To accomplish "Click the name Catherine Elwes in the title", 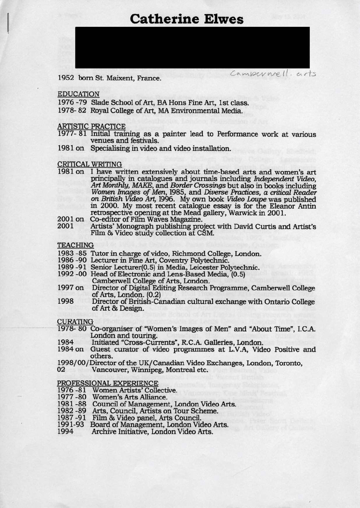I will (187, 19).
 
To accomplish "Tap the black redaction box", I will (192, 48).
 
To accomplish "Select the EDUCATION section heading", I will (78, 94).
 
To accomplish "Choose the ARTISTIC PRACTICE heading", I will (91, 126).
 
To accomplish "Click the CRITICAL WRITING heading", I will (89, 164).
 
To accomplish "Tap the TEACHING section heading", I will (75, 245).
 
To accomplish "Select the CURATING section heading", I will (75, 321).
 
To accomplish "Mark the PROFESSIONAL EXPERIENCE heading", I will (107, 383).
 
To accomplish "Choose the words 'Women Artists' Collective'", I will (134, 390).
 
